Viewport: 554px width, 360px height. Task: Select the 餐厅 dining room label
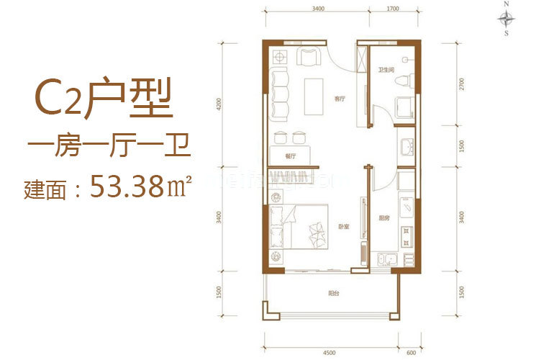[291, 154]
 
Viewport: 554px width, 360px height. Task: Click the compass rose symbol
[507, 18]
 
